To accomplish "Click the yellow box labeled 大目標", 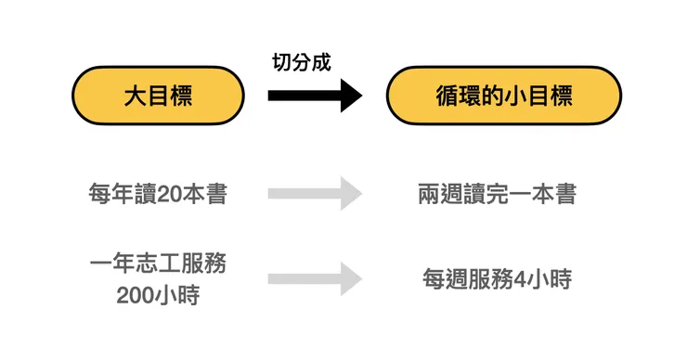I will [158, 96].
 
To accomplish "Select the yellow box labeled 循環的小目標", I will [503, 96].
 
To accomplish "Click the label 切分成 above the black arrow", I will [302, 62].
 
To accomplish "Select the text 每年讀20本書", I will [158, 195].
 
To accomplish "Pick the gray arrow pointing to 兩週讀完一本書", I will [315, 194].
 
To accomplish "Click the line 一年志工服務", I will [158, 264].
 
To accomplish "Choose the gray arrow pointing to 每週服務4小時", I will [315, 278].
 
